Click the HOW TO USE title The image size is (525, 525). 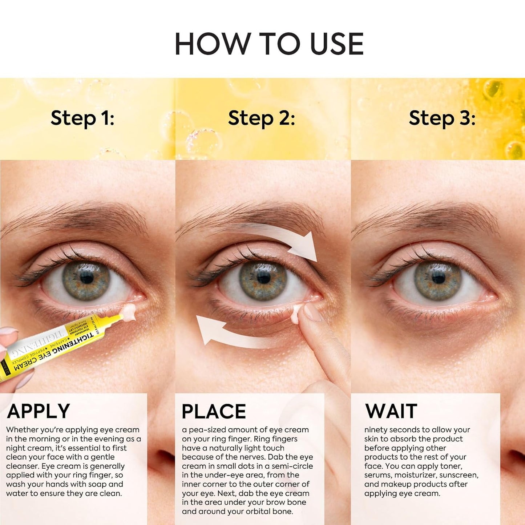269,44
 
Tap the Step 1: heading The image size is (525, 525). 82,118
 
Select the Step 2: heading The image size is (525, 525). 261,118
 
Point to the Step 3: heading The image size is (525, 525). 442,118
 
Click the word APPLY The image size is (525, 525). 39,411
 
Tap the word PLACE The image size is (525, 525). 214,412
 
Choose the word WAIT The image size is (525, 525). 391,411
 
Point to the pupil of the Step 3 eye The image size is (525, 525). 439,278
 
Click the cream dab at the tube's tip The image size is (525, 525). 129,312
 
